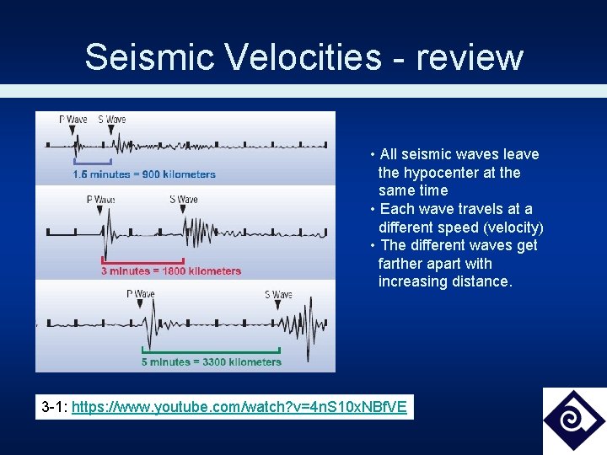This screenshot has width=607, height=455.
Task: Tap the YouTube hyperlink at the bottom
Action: pos(239,408)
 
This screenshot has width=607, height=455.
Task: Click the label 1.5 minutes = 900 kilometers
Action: pos(144,174)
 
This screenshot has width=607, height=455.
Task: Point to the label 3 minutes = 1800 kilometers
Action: pos(171,271)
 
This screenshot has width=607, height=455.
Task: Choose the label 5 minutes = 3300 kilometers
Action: pos(212,362)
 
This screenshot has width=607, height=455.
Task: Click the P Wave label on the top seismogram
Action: pos(73,120)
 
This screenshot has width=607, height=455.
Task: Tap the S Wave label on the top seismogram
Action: pos(111,120)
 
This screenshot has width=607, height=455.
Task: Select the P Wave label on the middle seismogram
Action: pos(101,200)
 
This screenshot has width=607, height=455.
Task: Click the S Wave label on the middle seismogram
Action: pos(183,200)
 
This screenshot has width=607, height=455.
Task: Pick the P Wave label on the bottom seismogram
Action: pos(141,294)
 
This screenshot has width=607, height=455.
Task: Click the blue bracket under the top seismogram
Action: pos(93,161)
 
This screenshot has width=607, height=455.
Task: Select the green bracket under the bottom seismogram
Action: pos(211,351)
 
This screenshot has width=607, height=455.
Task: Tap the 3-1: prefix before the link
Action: pos(55,408)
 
